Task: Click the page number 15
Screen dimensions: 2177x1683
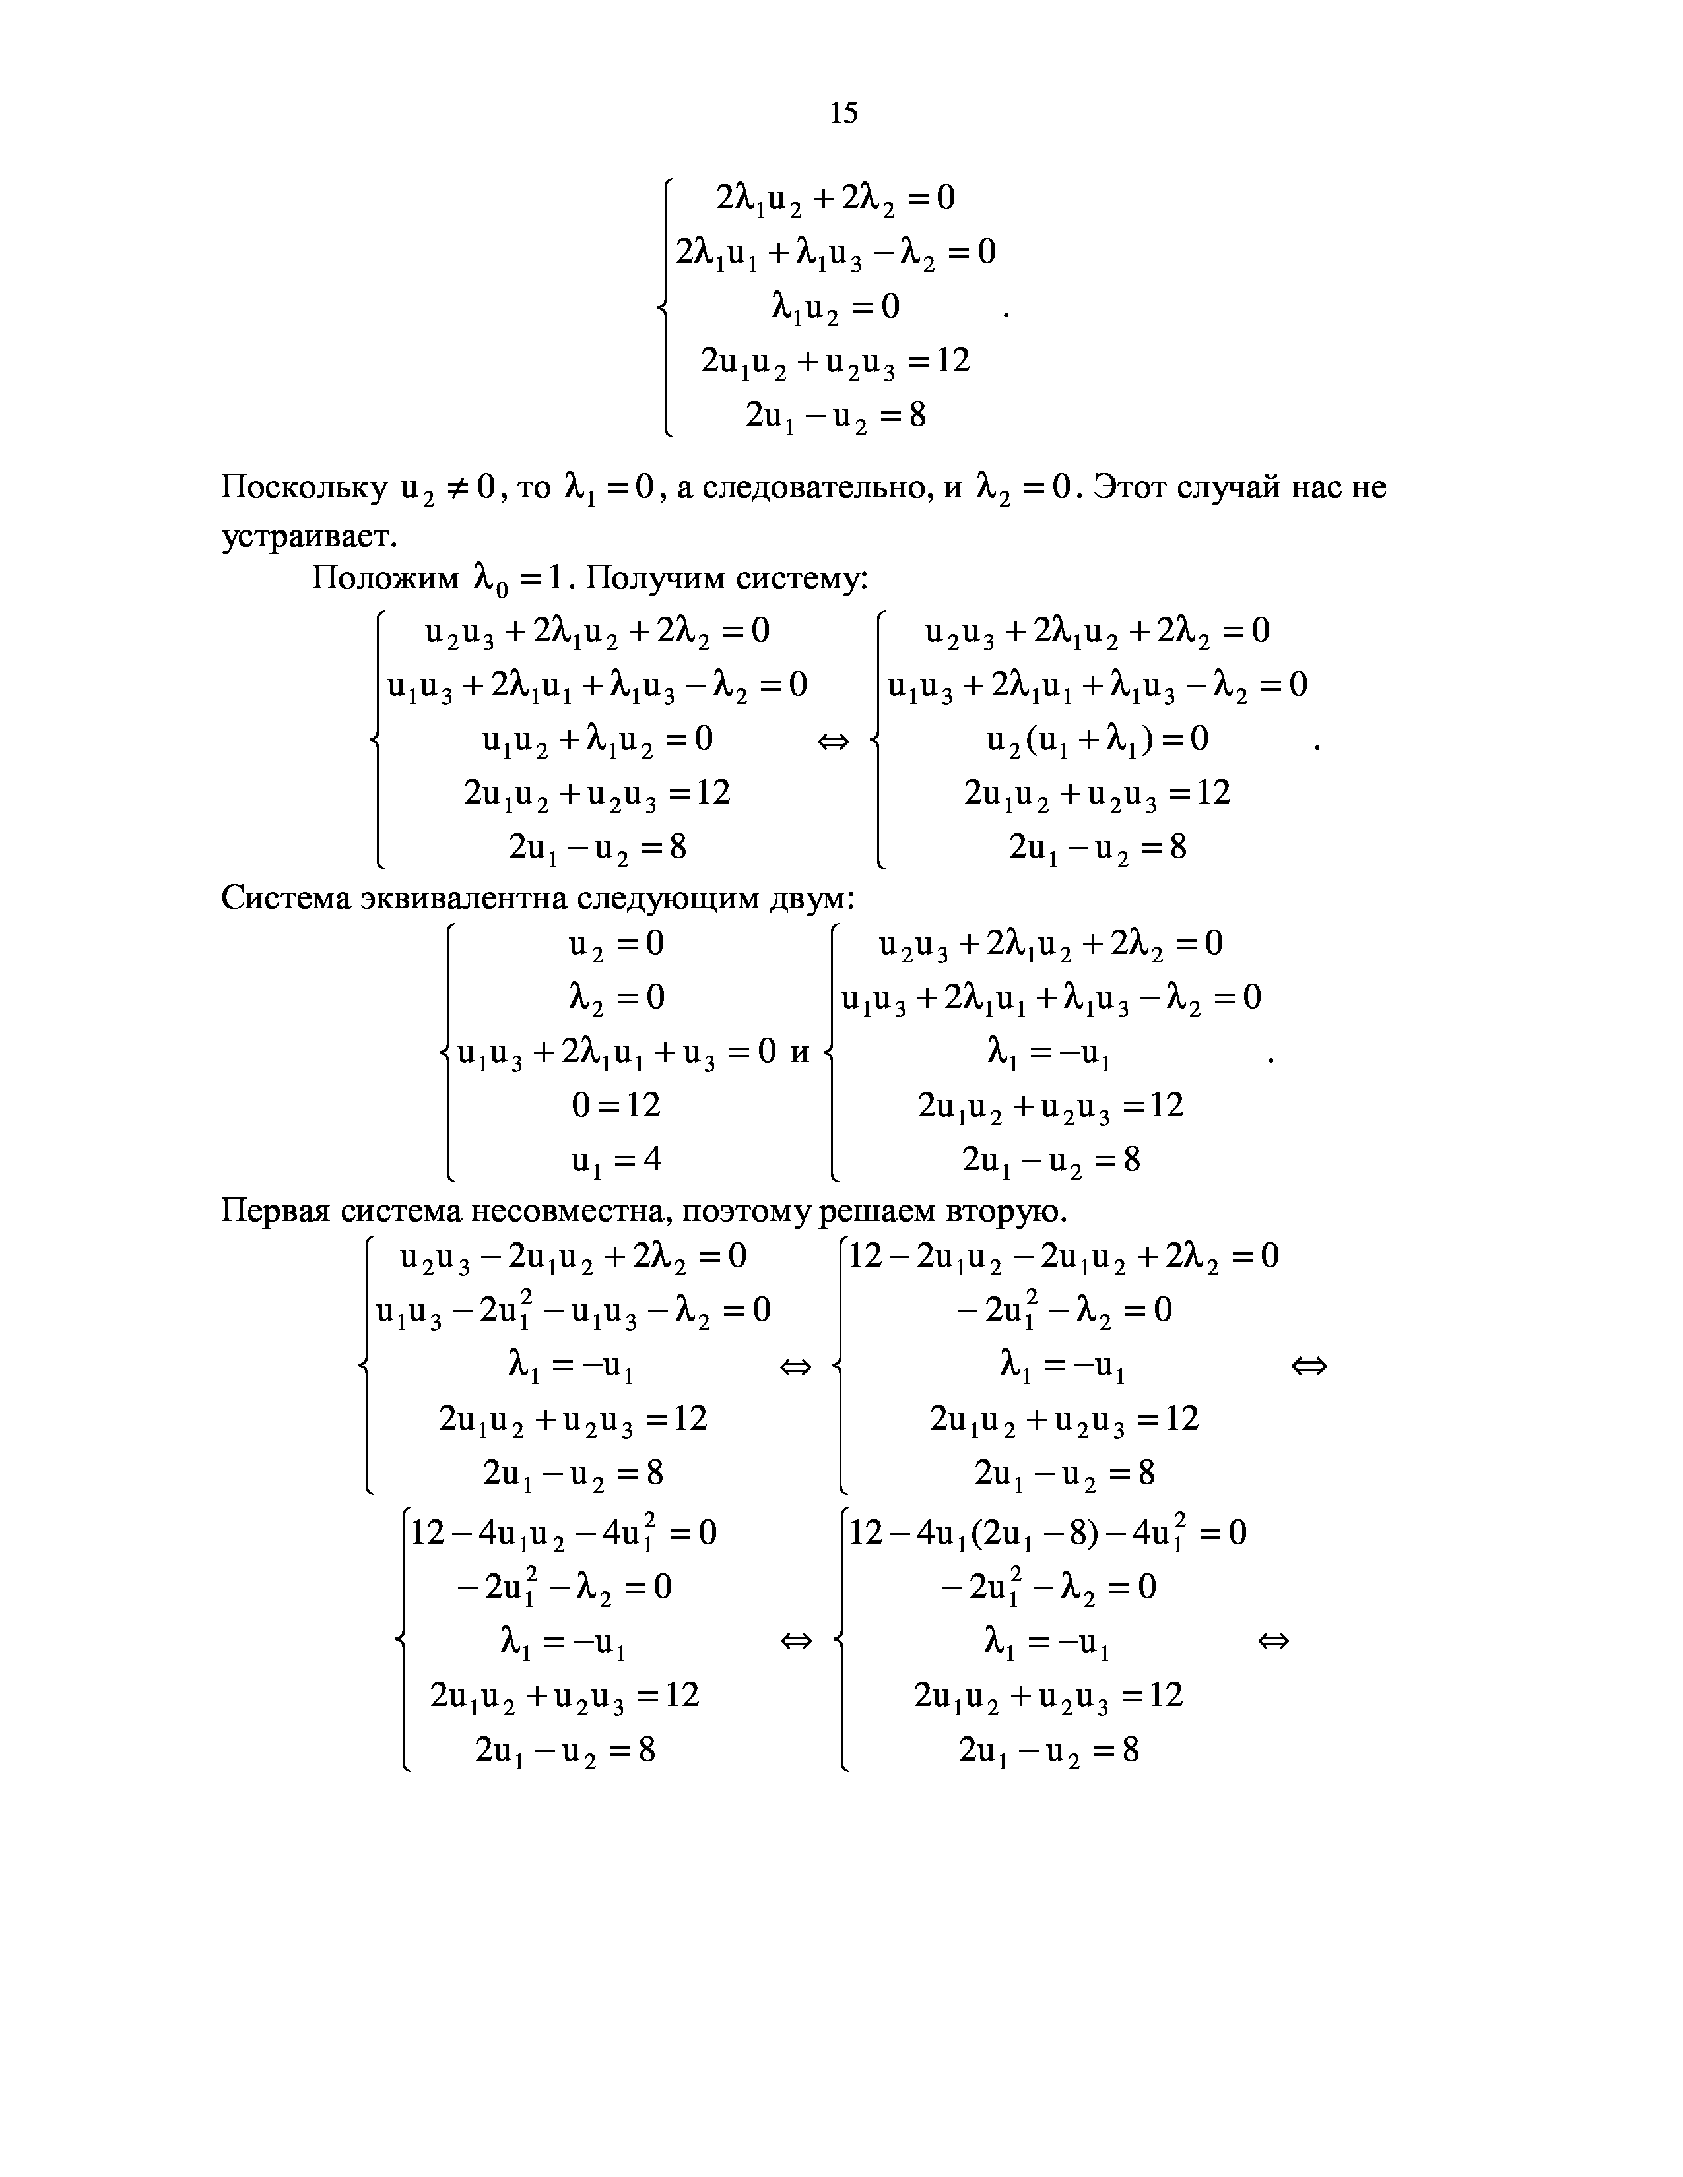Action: (x=843, y=113)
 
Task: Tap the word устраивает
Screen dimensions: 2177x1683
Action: (x=308, y=536)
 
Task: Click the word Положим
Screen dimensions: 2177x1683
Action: (x=385, y=578)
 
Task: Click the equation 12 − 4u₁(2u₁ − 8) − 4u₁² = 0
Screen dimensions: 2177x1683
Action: (x=1047, y=1532)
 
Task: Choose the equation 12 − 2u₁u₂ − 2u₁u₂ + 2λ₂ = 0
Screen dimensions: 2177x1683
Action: (x=1063, y=1256)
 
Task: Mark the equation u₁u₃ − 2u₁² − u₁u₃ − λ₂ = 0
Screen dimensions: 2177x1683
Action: (x=574, y=1309)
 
